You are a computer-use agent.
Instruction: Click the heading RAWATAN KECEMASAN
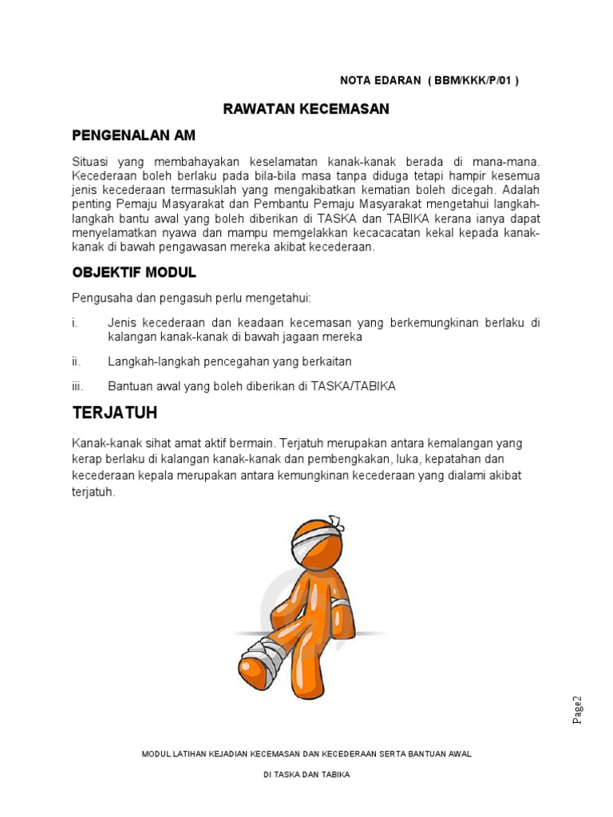click(x=306, y=109)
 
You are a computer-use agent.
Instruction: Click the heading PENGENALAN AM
click(x=133, y=136)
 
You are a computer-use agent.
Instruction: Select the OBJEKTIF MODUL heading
click(x=134, y=272)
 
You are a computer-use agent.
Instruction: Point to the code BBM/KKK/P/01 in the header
click(x=473, y=81)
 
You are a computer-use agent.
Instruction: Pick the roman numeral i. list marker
click(x=75, y=323)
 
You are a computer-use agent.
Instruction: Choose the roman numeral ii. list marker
click(x=77, y=361)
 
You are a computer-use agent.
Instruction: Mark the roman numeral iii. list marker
click(x=77, y=386)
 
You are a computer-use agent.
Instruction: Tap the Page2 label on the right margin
click(x=578, y=709)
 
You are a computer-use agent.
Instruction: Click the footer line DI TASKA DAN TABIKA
click(x=306, y=775)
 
